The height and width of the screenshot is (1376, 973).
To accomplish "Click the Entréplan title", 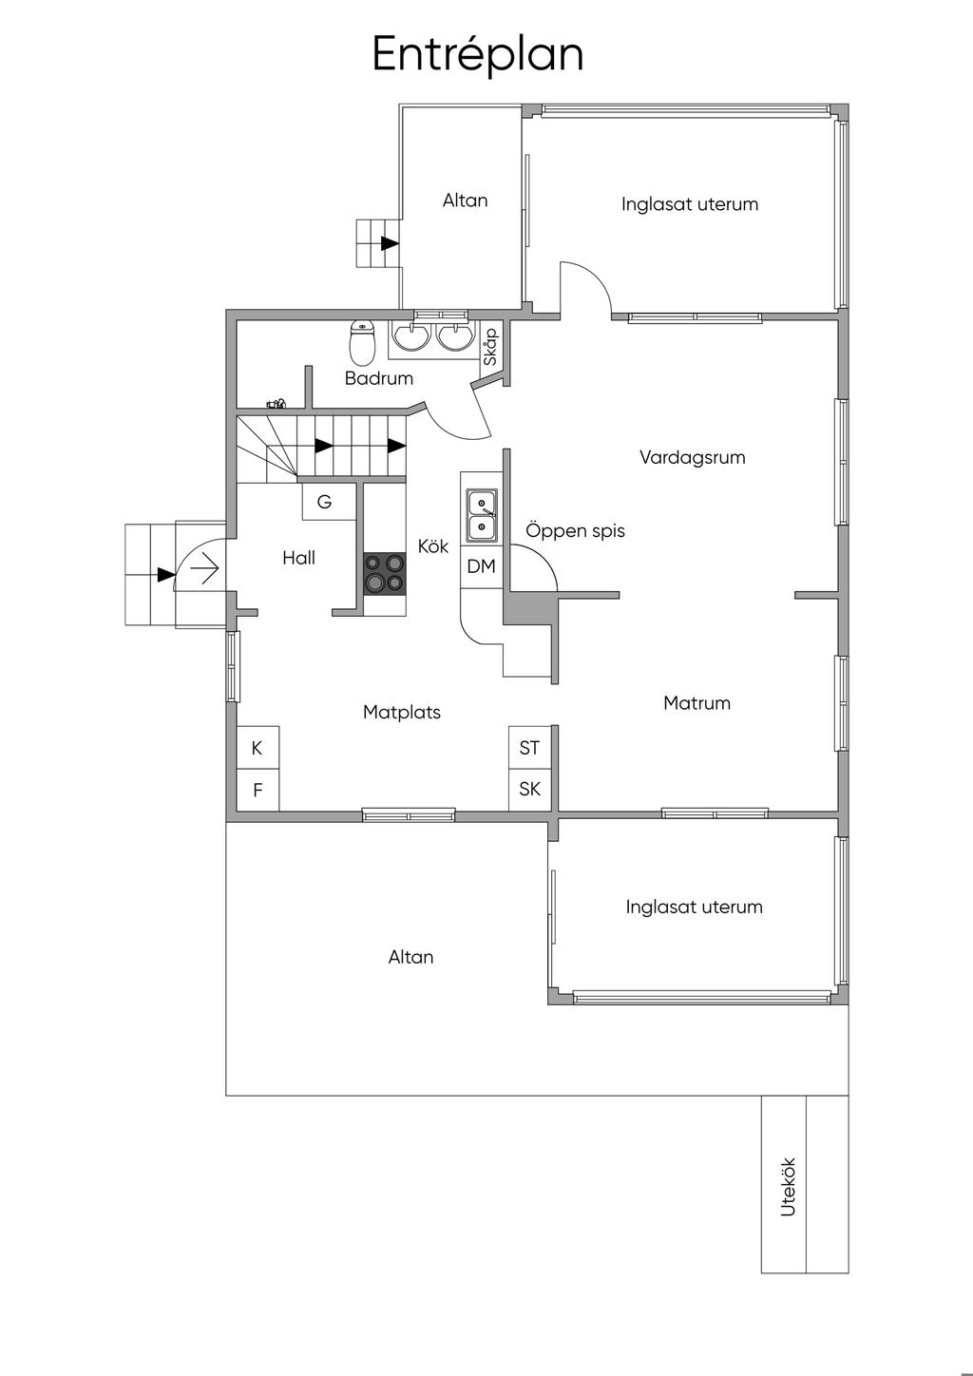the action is click(x=477, y=55).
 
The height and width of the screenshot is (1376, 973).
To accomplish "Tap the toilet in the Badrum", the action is click(x=362, y=342).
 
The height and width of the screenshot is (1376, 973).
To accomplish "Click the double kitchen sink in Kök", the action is click(x=482, y=516).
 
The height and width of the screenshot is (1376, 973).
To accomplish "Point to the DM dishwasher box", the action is click(x=482, y=566).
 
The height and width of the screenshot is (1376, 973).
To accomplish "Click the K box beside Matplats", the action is click(x=258, y=748).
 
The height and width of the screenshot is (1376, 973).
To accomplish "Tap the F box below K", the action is click(x=258, y=790).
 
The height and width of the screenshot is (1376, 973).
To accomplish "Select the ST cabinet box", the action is click(x=529, y=748).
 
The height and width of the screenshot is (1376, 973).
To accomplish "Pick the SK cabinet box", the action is click(x=529, y=790).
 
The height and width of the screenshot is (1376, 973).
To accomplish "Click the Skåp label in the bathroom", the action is click(x=490, y=347).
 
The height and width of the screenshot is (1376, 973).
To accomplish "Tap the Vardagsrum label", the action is click(x=693, y=457).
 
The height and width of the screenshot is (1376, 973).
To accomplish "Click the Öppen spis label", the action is click(x=575, y=530).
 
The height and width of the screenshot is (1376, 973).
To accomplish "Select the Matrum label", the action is click(x=696, y=703).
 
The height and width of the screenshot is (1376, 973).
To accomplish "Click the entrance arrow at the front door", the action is click(x=204, y=569).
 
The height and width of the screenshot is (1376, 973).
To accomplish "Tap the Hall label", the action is click(x=298, y=558).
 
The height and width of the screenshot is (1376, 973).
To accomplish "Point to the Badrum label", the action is click(x=378, y=378).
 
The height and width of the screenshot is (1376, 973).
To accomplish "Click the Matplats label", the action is click(x=402, y=712).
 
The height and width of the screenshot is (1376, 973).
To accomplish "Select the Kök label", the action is click(x=433, y=545).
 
